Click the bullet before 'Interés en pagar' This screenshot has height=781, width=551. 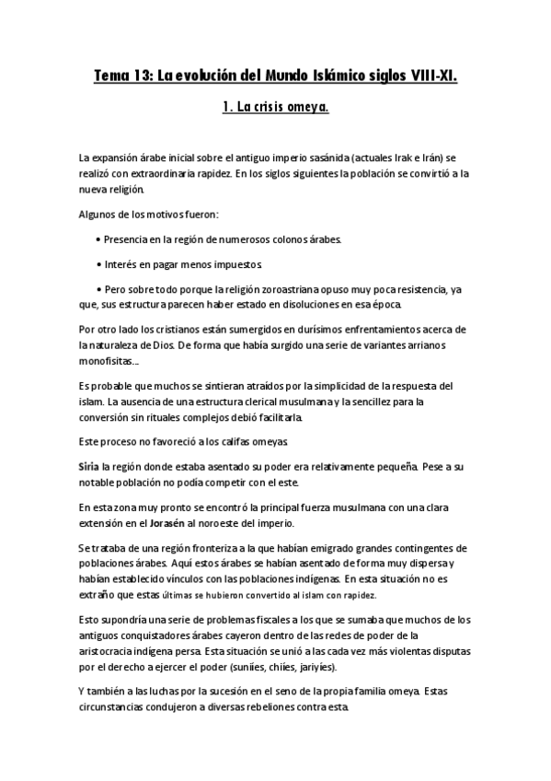pyautogui.click(x=98, y=263)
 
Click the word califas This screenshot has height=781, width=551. pyautogui.click(x=234, y=441)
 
